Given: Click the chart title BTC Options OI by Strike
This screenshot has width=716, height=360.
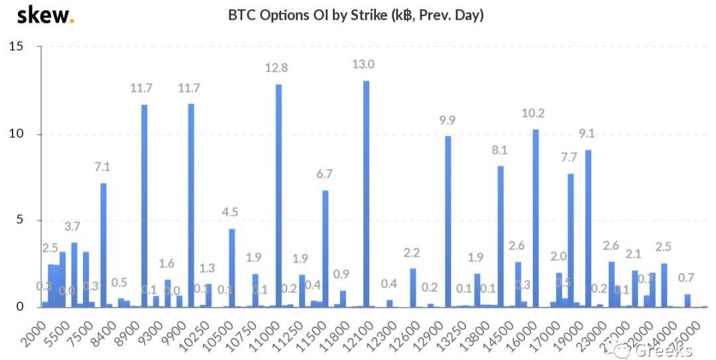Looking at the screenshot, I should (x=355, y=15).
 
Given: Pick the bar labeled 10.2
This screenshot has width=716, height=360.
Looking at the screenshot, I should (x=536, y=218).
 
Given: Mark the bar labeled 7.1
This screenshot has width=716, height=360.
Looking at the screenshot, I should (x=103, y=245).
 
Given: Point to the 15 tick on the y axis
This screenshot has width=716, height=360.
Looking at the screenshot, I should (x=16, y=46).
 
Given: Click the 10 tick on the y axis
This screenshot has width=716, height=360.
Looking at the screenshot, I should (x=16, y=133).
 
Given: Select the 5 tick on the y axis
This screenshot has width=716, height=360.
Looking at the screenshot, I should (x=20, y=220).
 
